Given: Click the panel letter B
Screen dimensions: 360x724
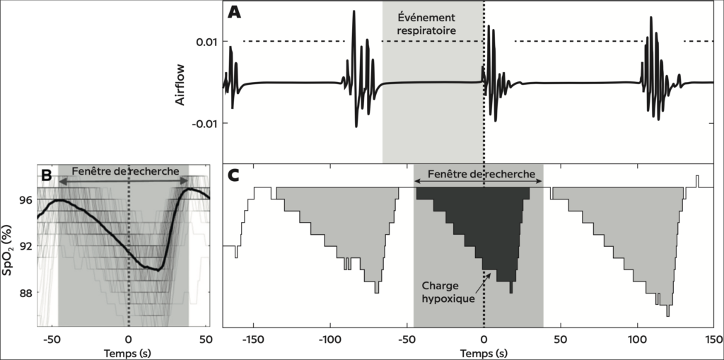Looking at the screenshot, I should coord(47,174).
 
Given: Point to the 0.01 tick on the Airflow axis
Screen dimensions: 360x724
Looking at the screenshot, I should coord(205,42).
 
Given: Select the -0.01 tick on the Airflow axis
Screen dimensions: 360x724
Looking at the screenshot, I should coord(203,123).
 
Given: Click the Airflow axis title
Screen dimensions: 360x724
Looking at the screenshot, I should coord(181,91).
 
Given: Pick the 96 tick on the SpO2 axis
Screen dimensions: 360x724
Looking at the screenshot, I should coord(25,200).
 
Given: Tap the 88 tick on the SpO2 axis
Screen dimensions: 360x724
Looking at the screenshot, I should coord(25,293).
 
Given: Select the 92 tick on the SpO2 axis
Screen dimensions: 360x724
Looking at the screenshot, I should coord(25,246).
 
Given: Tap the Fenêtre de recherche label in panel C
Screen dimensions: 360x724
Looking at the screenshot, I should coord(479,173).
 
